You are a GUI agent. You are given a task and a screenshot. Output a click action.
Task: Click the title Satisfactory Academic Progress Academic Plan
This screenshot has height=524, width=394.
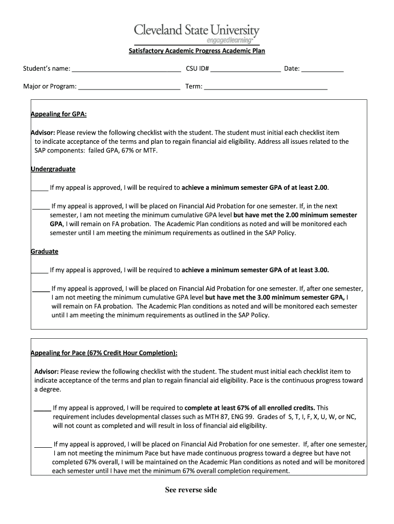(196, 51)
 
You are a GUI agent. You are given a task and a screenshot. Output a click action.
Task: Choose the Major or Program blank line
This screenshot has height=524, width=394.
(129, 88)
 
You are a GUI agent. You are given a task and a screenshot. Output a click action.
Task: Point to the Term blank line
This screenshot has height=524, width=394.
(266, 88)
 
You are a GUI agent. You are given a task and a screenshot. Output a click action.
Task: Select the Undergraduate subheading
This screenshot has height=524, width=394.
(53, 169)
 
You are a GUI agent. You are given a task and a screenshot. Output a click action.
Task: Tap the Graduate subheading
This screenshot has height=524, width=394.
(45, 251)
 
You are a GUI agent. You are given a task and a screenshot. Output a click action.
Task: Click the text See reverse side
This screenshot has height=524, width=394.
(191, 490)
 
